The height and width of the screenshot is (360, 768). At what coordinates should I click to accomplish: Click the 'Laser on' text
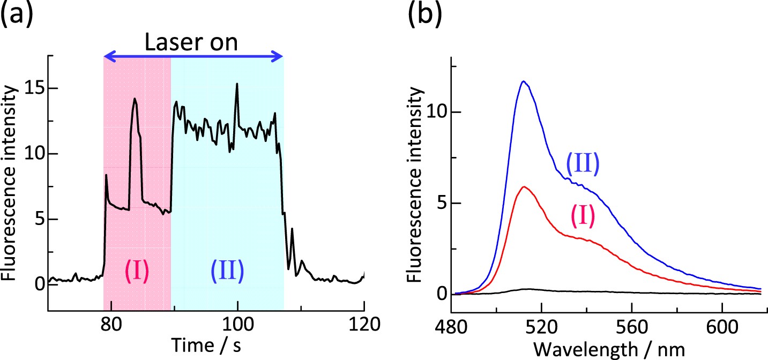click(192, 42)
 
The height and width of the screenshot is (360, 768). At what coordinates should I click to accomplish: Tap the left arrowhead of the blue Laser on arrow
click(107, 55)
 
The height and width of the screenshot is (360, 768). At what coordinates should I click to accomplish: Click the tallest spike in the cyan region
click(236, 84)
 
